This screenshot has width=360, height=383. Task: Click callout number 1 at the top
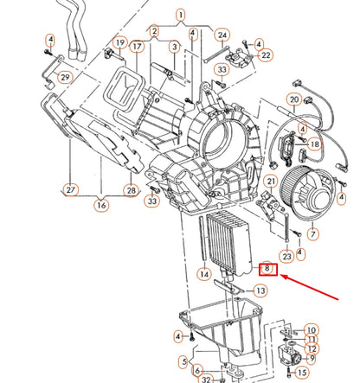click(x=181, y=15)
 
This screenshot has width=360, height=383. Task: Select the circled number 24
click(x=222, y=35)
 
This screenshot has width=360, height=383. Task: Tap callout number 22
click(x=266, y=55)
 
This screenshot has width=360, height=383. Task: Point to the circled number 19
click(x=120, y=43)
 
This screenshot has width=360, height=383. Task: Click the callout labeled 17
click(x=137, y=44)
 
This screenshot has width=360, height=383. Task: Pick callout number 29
click(x=64, y=78)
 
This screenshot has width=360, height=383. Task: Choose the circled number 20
click(x=293, y=100)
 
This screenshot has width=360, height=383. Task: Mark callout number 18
click(x=314, y=144)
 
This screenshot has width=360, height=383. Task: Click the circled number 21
click(x=271, y=181)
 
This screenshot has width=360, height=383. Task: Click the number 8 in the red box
click(x=268, y=269)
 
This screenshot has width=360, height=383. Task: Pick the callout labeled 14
click(x=204, y=274)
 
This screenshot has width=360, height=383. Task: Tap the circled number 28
click(x=131, y=189)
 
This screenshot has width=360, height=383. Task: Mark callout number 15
click(x=301, y=373)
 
